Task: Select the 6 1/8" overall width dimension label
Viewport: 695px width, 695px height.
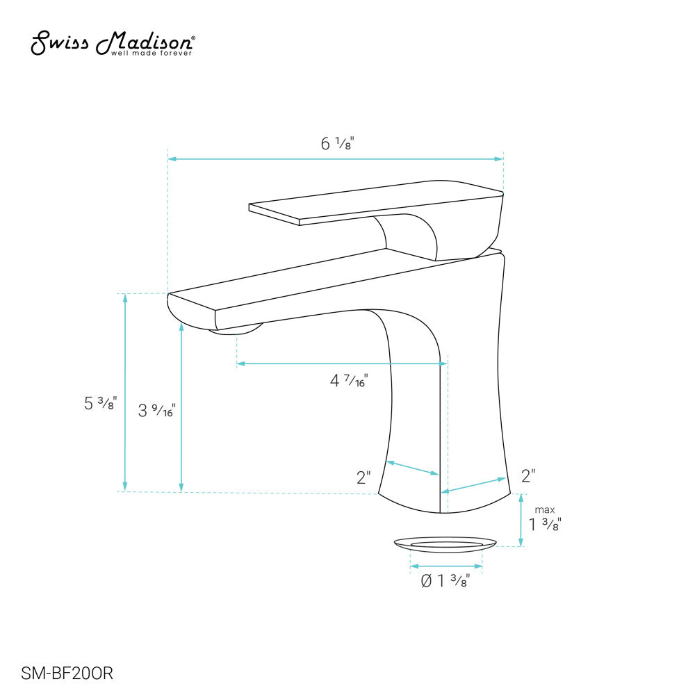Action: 338,144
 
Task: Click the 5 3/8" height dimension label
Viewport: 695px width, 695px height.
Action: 100,403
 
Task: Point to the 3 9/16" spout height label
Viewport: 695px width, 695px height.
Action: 156,411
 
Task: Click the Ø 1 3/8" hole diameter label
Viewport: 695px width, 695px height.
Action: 451,580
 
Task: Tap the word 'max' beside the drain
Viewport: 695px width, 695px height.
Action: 545,510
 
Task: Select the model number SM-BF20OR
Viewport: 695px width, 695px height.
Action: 67,673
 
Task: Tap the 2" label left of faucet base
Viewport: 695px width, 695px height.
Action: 363,478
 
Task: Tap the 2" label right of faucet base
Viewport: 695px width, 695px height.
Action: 528,476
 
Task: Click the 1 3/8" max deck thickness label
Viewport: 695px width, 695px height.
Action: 545,525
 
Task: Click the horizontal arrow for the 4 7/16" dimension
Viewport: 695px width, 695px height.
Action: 341,363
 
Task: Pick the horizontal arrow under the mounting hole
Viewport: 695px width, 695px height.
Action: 446,566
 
